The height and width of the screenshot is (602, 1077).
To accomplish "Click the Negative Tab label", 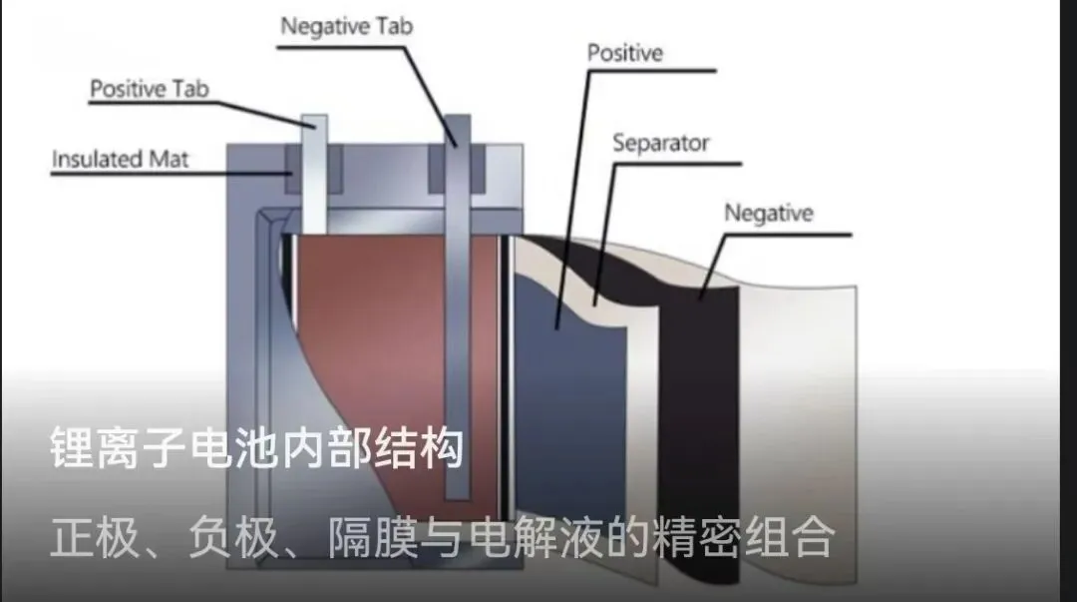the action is point(345,27).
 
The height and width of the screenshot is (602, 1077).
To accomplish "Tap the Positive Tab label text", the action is point(150,89).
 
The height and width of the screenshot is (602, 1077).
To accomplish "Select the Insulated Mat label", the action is point(120,159).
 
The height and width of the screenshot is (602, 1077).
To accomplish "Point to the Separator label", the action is point(660,144).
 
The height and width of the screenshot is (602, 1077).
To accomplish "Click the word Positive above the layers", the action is point(624,52).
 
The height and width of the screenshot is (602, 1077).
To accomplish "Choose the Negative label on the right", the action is point(768,213).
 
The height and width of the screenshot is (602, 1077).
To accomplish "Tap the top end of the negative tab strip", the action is point(457,125).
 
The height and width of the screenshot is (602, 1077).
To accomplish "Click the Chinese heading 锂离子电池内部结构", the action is point(256,449).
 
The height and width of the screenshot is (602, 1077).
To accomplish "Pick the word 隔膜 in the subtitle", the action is point(369,540).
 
